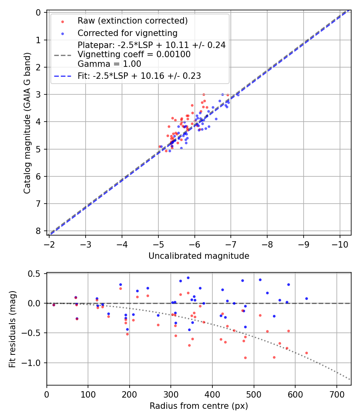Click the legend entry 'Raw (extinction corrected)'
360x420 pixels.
click(132, 21)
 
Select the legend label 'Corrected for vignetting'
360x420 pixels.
click(127, 33)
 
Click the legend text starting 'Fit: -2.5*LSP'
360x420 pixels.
click(139, 76)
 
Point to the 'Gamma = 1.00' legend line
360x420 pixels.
click(109, 64)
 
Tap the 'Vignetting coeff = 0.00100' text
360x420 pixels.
click(134, 54)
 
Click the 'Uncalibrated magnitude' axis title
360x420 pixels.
click(199, 256)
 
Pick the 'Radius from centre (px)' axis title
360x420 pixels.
click(199, 406)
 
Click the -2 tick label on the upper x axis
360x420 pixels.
click(50, 244)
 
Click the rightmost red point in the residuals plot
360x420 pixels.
click(306, 353)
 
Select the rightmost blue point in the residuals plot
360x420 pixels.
click(306, 298)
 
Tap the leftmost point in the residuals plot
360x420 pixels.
click(54, 305)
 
